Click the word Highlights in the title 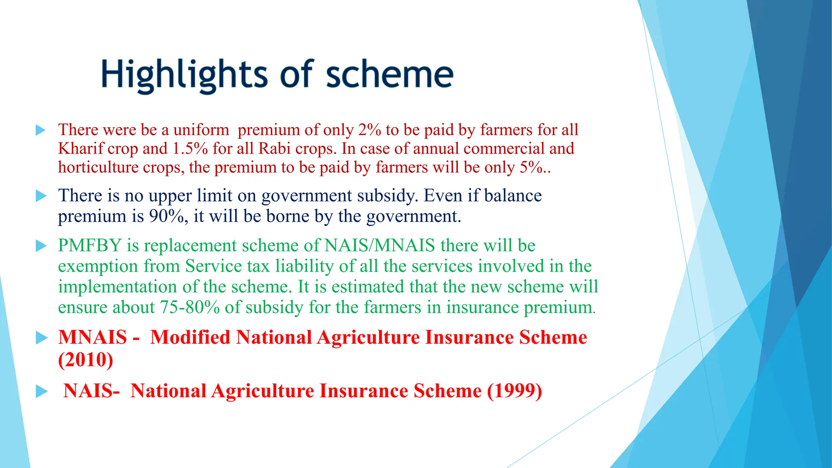(x=184, y=75)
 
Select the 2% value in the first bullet (x=369, y=130)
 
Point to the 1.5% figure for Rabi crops (x=190, y=149)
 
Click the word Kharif (x=81, y=149)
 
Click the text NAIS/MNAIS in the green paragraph (x=379, y=246)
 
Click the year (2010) (x=85, y=360)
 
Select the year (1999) (x=514, y=391)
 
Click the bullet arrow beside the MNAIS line (x=41, y=338)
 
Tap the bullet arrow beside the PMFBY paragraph (x=41, y=246)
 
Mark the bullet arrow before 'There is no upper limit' (x=41, y=196)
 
